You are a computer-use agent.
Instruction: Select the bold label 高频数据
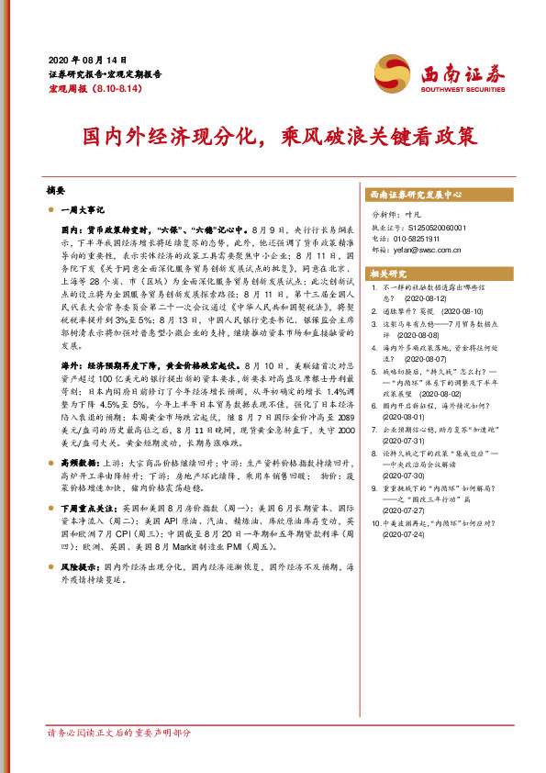pos(81,465)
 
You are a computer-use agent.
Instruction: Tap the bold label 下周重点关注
pos(88,507)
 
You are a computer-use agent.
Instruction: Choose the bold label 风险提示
pos(81,568)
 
